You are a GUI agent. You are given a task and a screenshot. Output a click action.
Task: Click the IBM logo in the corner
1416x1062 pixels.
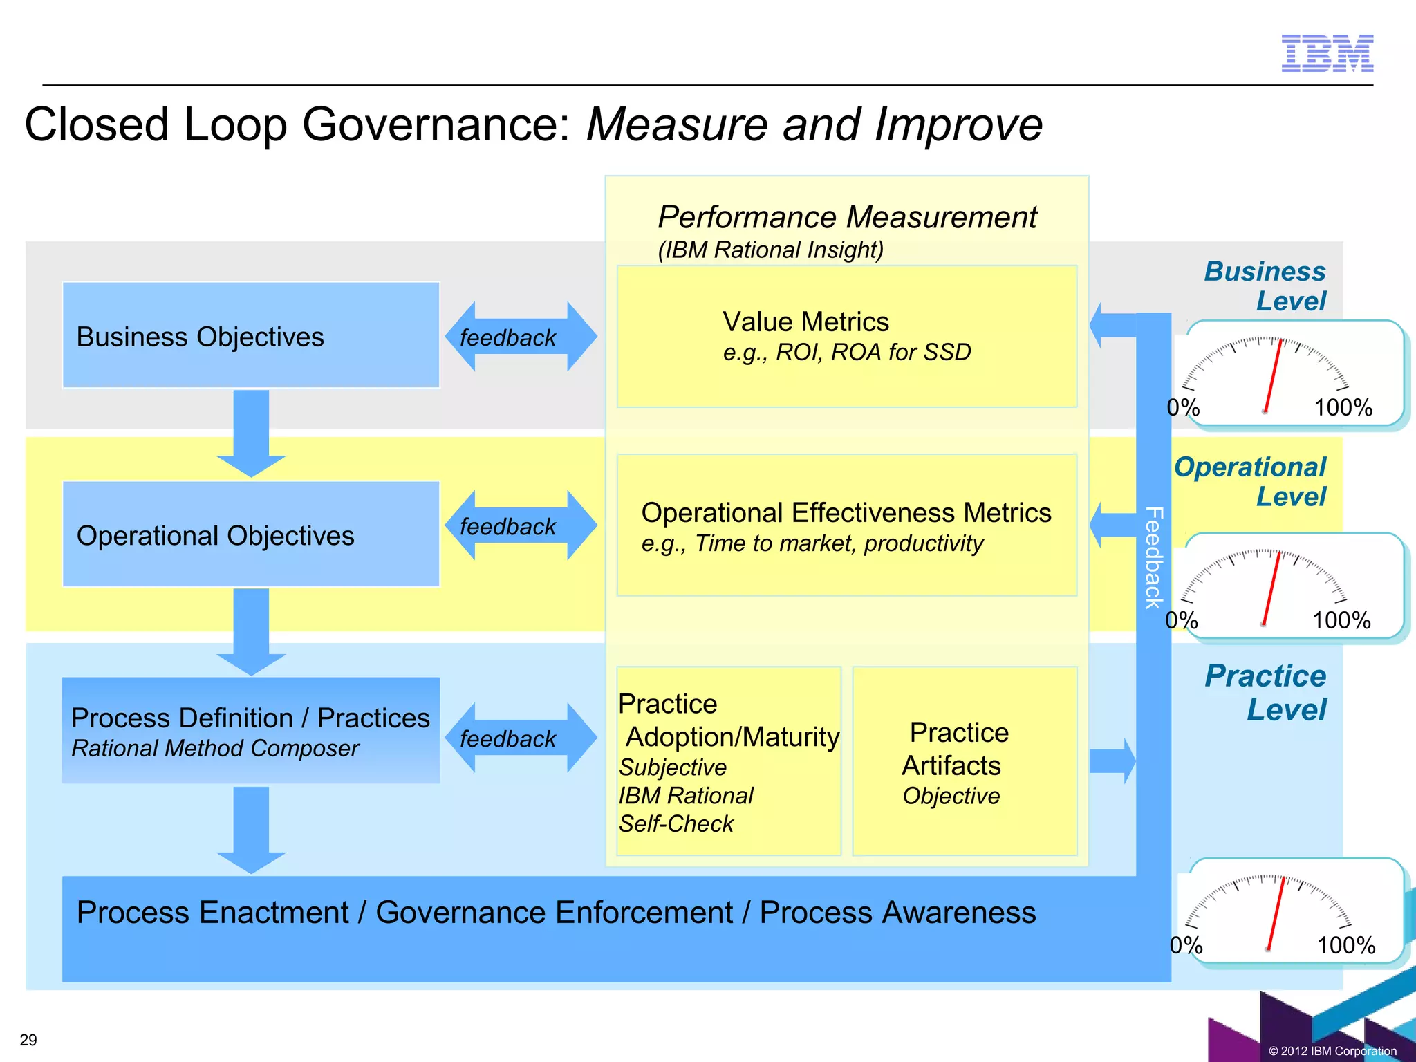click(1327, 53)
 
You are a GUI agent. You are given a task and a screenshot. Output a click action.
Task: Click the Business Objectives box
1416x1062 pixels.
click(250, 335)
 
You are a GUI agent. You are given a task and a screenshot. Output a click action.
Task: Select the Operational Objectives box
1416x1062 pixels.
click(250, 534)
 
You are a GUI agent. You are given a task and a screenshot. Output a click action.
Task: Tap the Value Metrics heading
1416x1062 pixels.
click(805, 322)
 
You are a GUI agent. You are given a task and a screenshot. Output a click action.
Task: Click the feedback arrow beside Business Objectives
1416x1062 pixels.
click(521, 337)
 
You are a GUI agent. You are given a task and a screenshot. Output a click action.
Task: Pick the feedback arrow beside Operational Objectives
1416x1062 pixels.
click(521, 526)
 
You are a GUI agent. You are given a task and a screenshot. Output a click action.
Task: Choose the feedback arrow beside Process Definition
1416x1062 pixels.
click(521, 738)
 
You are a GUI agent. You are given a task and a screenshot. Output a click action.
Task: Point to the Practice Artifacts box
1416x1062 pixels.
click(964, 761)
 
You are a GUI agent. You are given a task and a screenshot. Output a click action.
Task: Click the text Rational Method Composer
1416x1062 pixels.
click(215, 749)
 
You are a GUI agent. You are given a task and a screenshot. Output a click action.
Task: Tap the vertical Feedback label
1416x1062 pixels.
click(1153, 557)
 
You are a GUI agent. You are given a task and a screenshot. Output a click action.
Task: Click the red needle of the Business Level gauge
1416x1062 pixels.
click(1272, 377)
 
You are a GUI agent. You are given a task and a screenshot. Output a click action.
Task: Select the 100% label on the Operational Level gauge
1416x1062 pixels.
click(1341, 620)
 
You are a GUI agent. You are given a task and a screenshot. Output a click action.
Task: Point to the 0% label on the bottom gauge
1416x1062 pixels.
click(1186, 945)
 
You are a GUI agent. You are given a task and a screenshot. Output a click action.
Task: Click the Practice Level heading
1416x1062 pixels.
click(1265, 692)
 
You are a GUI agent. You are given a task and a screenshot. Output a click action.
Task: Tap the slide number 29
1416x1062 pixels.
click(28, 1040)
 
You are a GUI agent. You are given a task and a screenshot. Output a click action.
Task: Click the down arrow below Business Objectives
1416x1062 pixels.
click(251, 433)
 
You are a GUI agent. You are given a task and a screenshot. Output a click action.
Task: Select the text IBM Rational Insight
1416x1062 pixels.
click(770, 250)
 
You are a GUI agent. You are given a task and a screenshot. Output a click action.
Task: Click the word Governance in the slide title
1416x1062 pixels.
click(436, 125)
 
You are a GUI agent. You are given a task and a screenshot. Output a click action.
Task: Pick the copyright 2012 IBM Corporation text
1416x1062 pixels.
click(1332, 1051)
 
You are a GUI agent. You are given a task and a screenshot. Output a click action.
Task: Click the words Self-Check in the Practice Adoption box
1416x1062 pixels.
click(676, 824)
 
